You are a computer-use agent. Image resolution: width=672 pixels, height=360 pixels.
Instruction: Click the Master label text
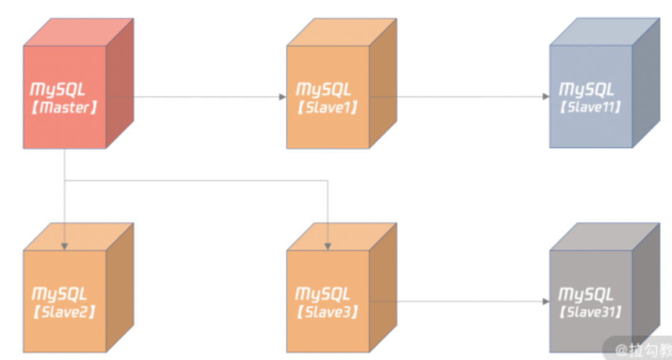click(x=64, y=108)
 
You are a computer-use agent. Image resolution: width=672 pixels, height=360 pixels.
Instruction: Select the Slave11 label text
click(x=590, y=107)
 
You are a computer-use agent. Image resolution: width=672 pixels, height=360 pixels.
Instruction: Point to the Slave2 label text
click(x=64, y=312)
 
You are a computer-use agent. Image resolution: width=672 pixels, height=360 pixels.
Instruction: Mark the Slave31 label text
click(x=590, y=312)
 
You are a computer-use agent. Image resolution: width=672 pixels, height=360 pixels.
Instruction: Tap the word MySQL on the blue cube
click(x=586, y=89)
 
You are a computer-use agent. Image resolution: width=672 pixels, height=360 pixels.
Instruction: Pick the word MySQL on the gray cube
click(x=586, y=293)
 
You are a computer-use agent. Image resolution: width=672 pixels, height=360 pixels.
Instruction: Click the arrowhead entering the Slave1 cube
click(x=282, y=96)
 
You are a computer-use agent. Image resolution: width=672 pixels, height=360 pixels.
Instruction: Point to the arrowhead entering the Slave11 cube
click(x=546, y=96)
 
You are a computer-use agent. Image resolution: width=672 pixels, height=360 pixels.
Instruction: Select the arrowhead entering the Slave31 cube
click(x=546, y=302)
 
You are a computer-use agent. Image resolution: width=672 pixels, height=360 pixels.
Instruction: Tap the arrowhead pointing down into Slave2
click(x=64, y=247)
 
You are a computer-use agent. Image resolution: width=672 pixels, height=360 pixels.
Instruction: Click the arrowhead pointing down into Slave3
click(x=328, y=247)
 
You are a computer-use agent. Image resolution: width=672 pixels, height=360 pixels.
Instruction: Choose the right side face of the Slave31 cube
click(x=646, y=289)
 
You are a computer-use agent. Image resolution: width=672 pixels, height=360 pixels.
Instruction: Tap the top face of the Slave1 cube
click(x=341, y=32)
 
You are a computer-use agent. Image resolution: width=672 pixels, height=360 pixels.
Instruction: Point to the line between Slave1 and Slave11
click(x=467, y=96)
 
